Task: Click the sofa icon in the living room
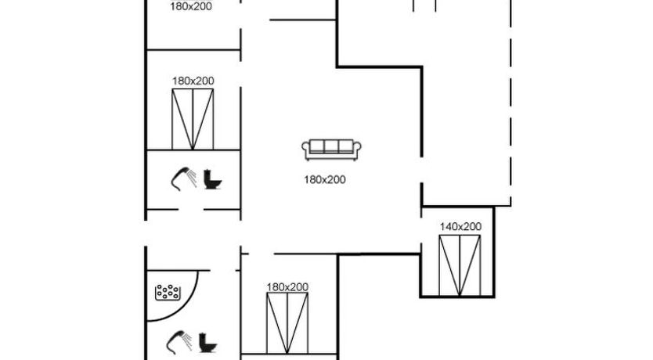point(330,147)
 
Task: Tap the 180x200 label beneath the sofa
point(325,179)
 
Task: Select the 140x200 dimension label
point(460,226)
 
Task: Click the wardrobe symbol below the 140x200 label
point(460,265)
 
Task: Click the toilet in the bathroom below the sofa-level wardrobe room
point(211,179)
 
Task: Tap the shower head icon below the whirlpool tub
point(179,342)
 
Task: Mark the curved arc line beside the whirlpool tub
point(196,301)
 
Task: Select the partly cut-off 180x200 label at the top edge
point(192,6)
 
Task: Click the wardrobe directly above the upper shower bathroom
point(193,119)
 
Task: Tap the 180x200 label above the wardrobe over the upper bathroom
point(193,80)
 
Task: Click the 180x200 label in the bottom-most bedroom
point(287,286)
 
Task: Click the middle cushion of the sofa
point(330,146)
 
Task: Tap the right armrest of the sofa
point(355,148)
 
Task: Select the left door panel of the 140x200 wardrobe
point(449,265)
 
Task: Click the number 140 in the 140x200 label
point(449,226)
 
